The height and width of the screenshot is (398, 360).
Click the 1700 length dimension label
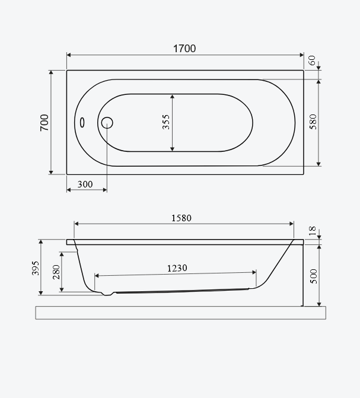coord(184,49)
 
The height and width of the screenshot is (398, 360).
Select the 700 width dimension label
coord(44,123)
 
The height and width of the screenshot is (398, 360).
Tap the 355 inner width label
coord(166,122)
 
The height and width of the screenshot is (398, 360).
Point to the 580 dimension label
coord(313,122)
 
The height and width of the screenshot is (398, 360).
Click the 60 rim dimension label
coord(313,61)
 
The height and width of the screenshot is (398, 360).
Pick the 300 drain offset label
coord(85,184)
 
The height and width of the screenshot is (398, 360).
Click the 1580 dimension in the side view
coord(181,218)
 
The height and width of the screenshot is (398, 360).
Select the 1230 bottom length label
coord(177,268)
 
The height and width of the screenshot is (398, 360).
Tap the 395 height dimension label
coord(36,268)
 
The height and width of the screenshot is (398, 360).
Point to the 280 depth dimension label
coord(56,272)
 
